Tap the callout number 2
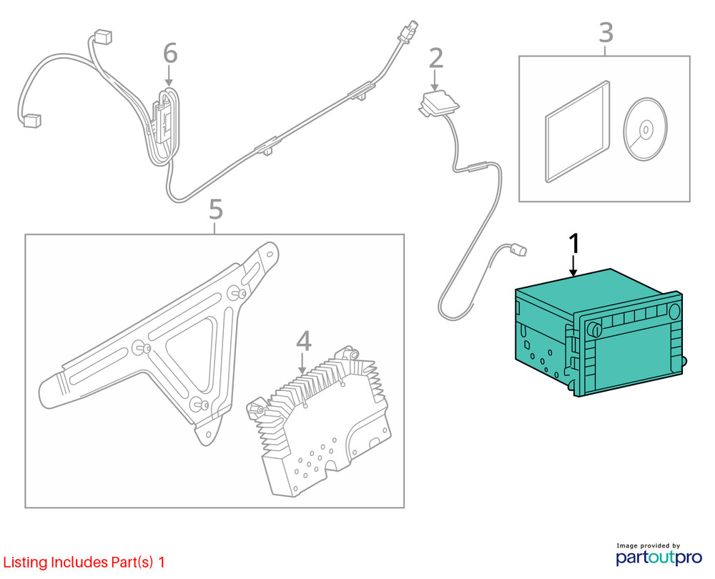(436, 58)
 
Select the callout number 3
(606, 32)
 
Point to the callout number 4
(304, 341)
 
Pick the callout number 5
(216, 209)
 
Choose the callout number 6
(170, 54)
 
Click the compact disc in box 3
(645, 129)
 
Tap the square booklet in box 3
(577, 132)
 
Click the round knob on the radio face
(594, 329)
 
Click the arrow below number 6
(169, 75)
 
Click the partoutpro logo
(659, 557)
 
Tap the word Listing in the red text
(25, 563)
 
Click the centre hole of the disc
(646, 129)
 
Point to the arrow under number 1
(573, 266)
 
